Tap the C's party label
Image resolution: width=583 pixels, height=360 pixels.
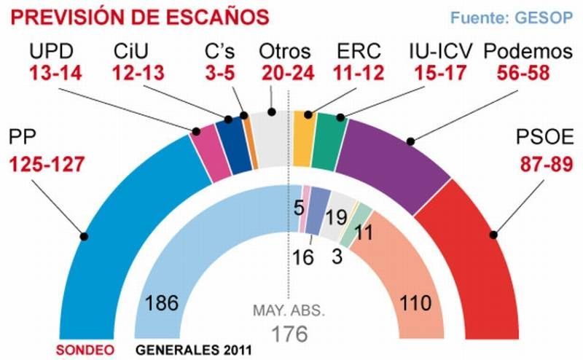219,52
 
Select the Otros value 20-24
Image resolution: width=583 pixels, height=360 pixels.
285,74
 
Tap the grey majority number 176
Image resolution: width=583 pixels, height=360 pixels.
289,333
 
